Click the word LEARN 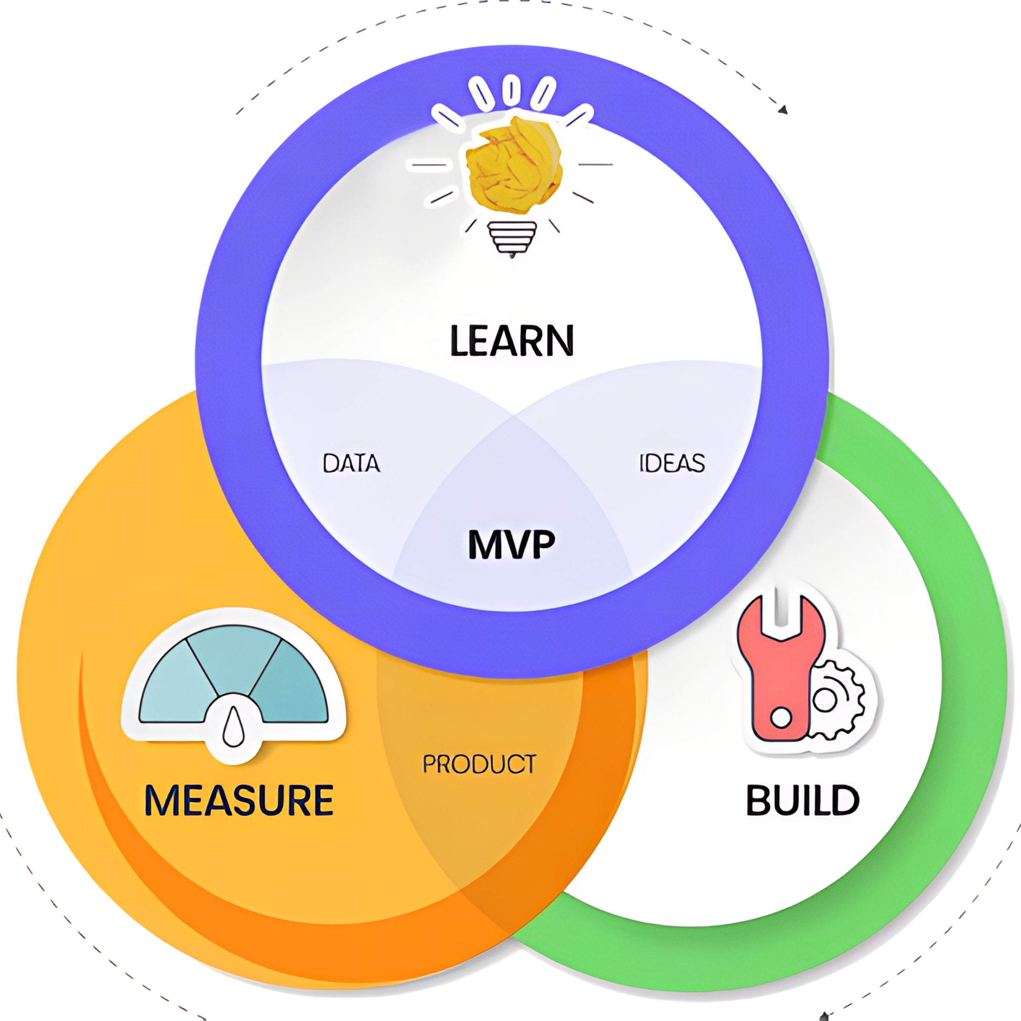click(x=511, y=341)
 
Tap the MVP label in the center click(x=511, y=545)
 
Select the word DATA click(x=351, y=463)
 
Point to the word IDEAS click(x=672, y=463)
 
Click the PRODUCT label click(x=479, y=764)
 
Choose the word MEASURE click(x=239, y=801)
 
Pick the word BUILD click(x=803, y=801)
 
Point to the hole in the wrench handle click(x=781, y=718)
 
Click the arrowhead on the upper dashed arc click(x=783, y=109)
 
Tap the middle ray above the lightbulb click(x=510, y=89)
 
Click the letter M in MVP click(x=485, y=545)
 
